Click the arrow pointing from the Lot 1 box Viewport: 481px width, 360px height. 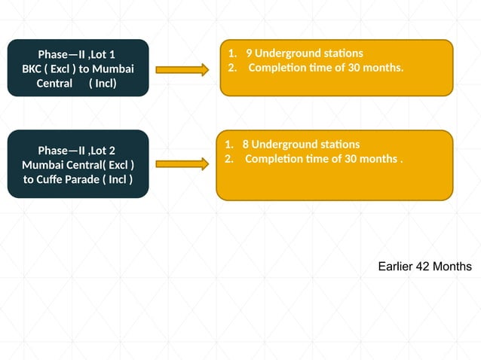click(182, 69)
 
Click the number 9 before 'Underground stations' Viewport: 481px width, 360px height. click(249, 53)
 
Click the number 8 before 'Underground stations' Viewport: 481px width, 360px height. click(246, 144)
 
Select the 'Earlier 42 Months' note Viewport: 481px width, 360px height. click(425, 267)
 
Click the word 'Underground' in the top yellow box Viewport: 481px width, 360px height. click(287, 53)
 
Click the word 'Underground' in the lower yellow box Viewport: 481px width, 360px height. click(284, 144)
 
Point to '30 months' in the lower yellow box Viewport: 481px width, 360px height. click(369, 159)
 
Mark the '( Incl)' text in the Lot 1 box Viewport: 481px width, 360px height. click(103, 83)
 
